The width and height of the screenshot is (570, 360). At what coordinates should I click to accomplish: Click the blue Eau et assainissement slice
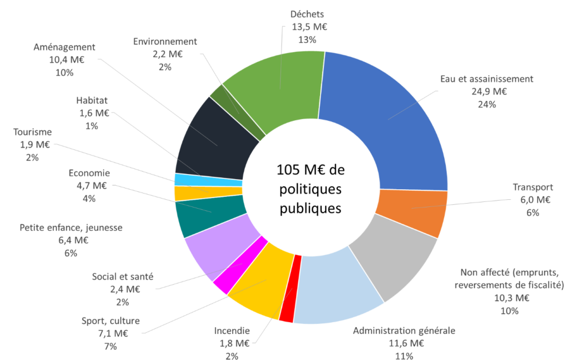pyautogui.click(x=390, y=122)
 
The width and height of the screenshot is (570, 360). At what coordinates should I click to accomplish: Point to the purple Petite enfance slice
pyautogui.click(x=214, y=245)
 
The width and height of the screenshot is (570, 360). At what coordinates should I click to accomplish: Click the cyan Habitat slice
pyautogui.click(x=208, y=180)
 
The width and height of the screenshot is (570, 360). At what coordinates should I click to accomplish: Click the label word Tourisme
pyautogui.click(x=33, y=132)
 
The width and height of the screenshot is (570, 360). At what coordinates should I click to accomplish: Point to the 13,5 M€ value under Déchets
pyautogui.click(x=307, y=27)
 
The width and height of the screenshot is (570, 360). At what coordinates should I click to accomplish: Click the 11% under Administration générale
pyautogui.click(x=405, y=356)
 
